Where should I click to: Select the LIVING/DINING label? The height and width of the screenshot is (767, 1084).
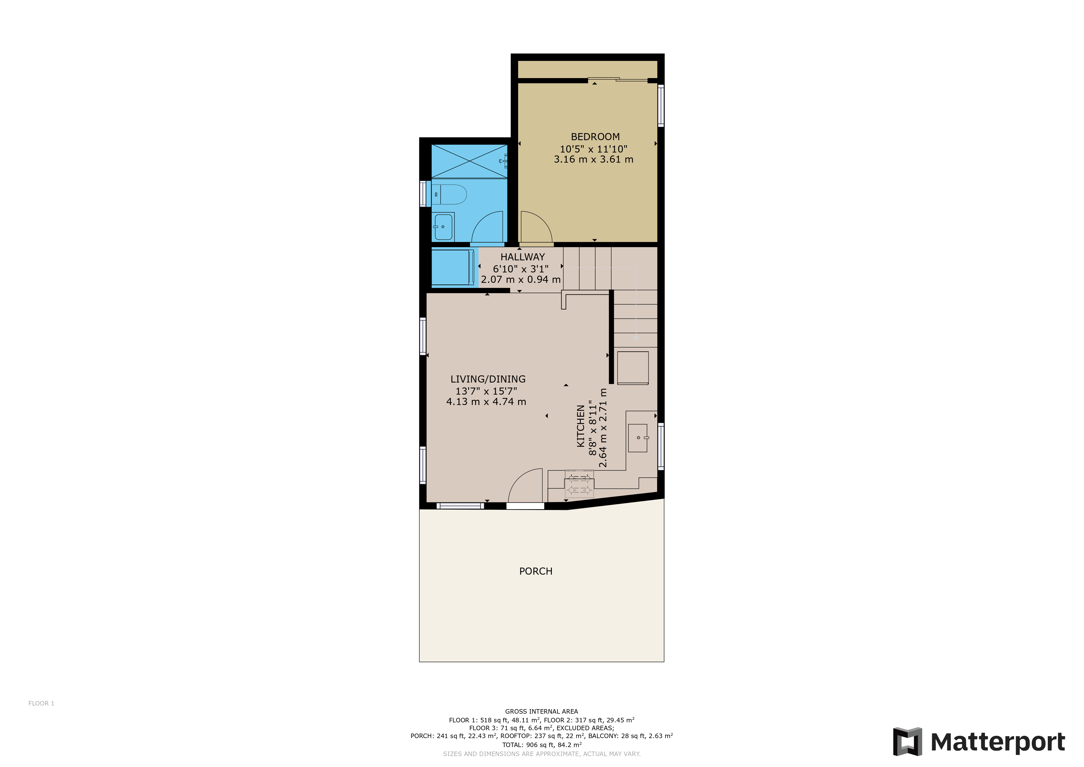pyautogui.click(x=488, y=379)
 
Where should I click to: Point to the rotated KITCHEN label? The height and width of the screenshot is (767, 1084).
pyautogui.click(x=581, y=426)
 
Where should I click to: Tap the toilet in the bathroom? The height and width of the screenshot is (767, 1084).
pyautogui.click(x=449, y=194)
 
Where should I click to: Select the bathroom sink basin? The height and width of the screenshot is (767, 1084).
pyautogui.click(x=443, y=227)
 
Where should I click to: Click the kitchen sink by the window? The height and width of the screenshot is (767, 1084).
pyautogui.click(x=637, y=438)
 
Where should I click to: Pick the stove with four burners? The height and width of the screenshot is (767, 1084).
pyautogui.click(x=579, y=484)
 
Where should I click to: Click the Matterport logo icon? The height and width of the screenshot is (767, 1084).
pyautogui.click(x=907, y=741)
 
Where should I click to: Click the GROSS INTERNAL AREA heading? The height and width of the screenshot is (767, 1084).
pyautogui.click(x=541, y=711)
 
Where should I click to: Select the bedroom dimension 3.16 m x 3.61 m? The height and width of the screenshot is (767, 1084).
pyautogui.click(x=593, y=160)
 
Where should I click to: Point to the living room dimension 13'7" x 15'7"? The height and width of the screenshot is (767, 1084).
pyautogui.click(x=486, y=391)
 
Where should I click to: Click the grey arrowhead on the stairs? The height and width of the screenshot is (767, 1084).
pyautogui.click(x=636, y=338)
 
